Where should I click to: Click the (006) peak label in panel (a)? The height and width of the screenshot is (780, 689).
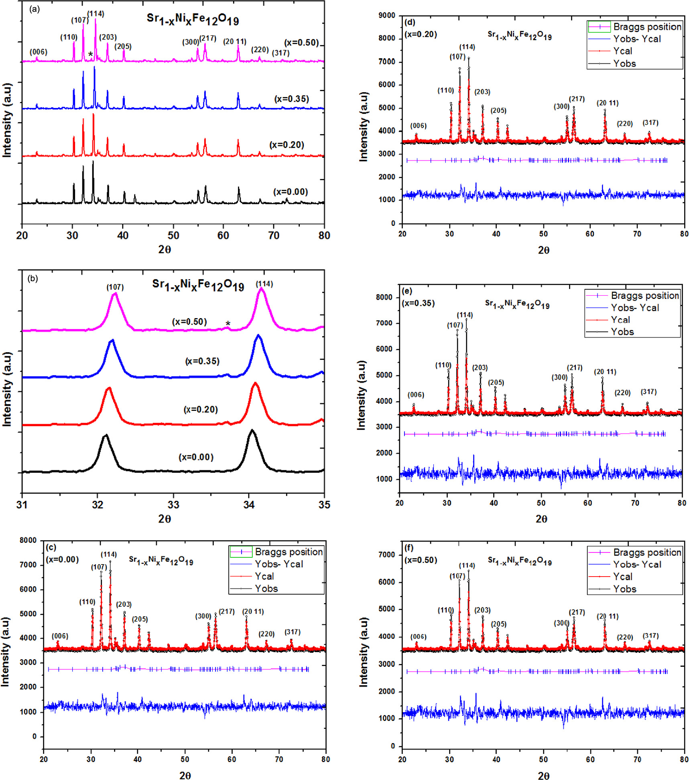pyautogui.click(x=39, y=52)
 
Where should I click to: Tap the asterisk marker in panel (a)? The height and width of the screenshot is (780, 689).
pyautogui.click(x=91, y=55)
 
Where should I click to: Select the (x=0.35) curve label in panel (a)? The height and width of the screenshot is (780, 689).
pyautogui.click(x=292, y=99)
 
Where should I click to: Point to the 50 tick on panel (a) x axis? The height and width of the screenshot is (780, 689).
pyautogui.click(x=173, y=236)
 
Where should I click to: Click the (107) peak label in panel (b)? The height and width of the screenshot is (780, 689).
pyautogui.click(x=115, y=287)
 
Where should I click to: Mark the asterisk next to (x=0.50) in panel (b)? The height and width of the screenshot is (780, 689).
pyautogui.click(x=228, y=324)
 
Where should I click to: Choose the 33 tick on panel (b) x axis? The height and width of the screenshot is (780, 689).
pyautogui.click(x=173, y=505)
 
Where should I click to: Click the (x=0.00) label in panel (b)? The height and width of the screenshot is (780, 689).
pyautogui.click(x=196, y=457)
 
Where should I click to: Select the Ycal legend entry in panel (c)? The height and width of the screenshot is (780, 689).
pyautogui.click(x=264, y=576)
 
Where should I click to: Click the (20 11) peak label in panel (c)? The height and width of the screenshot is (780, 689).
pyautogui.click(x=253, y=611)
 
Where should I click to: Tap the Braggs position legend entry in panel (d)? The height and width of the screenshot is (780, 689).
pyautogui.click(x=647, y=27)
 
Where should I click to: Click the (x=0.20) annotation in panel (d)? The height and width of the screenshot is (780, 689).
pyautogui.click(x=421, y=35)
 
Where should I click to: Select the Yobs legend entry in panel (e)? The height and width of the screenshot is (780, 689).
pyautogui.click(x=622, y=332)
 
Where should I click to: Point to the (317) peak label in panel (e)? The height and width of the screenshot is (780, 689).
pyautogui.click(x=648, y=392)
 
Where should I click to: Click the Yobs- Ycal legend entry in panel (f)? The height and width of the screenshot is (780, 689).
pyautogui.click(x=637, y=565)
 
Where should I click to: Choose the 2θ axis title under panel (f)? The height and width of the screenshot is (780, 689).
pyautogui.click(x=543, y=776)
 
